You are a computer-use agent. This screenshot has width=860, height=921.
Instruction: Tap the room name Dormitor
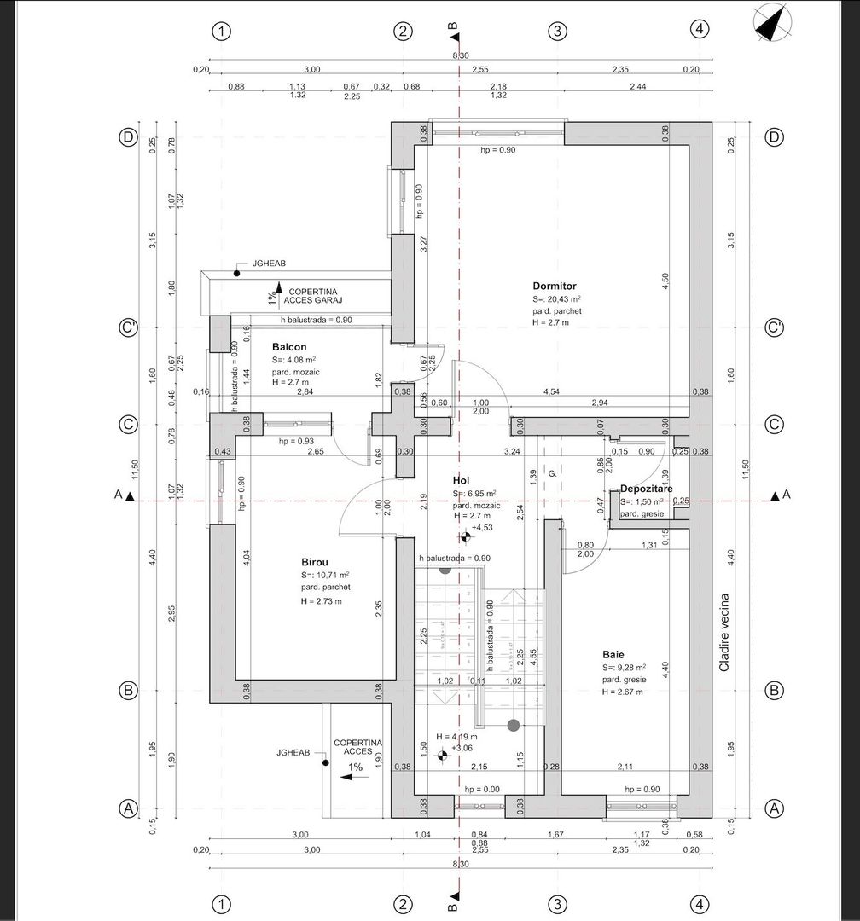[x=555, y=286]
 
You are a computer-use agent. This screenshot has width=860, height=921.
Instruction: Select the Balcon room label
[x=289, y=347]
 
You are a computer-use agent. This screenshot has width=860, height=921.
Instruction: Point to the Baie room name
[x=613, y=654]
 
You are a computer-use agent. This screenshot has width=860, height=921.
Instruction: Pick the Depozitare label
[x=647, y=489]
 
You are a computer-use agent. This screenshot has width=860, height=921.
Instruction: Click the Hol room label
[x=462, y=481]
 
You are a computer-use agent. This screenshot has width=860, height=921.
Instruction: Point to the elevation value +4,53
[x=484, y=528]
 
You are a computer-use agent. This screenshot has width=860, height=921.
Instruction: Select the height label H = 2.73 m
[x=321, y=601]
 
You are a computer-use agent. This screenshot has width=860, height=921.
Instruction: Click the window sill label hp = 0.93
[x=296, y=441]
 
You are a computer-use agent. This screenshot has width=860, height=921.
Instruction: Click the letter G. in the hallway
[x=552, y=472]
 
